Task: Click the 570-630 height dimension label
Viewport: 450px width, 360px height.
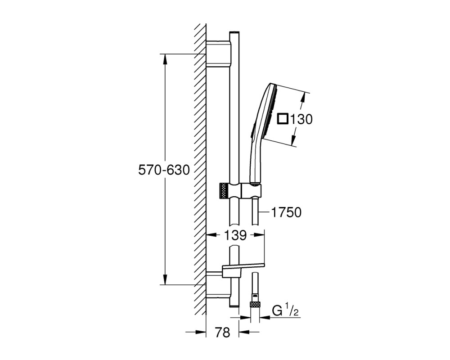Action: (x=164, y=170)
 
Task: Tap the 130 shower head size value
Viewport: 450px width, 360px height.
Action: (x=301, y=119)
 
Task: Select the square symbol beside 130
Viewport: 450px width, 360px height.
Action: (x=283, y=119)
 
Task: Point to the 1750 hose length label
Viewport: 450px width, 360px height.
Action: (x=286, y=212)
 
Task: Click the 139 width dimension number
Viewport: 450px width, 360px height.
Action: (x=235, y=235)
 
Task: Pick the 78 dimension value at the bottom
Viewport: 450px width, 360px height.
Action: (x=222, y=333)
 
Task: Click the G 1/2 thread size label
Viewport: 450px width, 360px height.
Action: (x=285, y=311)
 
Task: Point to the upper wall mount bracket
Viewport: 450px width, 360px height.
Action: (x=218, y=54)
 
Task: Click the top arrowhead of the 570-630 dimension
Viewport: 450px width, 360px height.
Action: (x=165, y=59)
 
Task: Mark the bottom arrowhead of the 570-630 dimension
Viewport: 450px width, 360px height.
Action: (x=165, y=279)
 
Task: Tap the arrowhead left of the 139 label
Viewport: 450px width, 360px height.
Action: (x=212, y=235)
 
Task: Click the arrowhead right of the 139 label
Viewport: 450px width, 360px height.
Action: (x=259, y=235)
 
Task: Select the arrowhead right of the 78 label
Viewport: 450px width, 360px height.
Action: (x=244, y=332)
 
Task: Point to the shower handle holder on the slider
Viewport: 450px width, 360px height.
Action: (x=252, y=191)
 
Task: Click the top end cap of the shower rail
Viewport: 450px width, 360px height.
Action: (x=234, y=32)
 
